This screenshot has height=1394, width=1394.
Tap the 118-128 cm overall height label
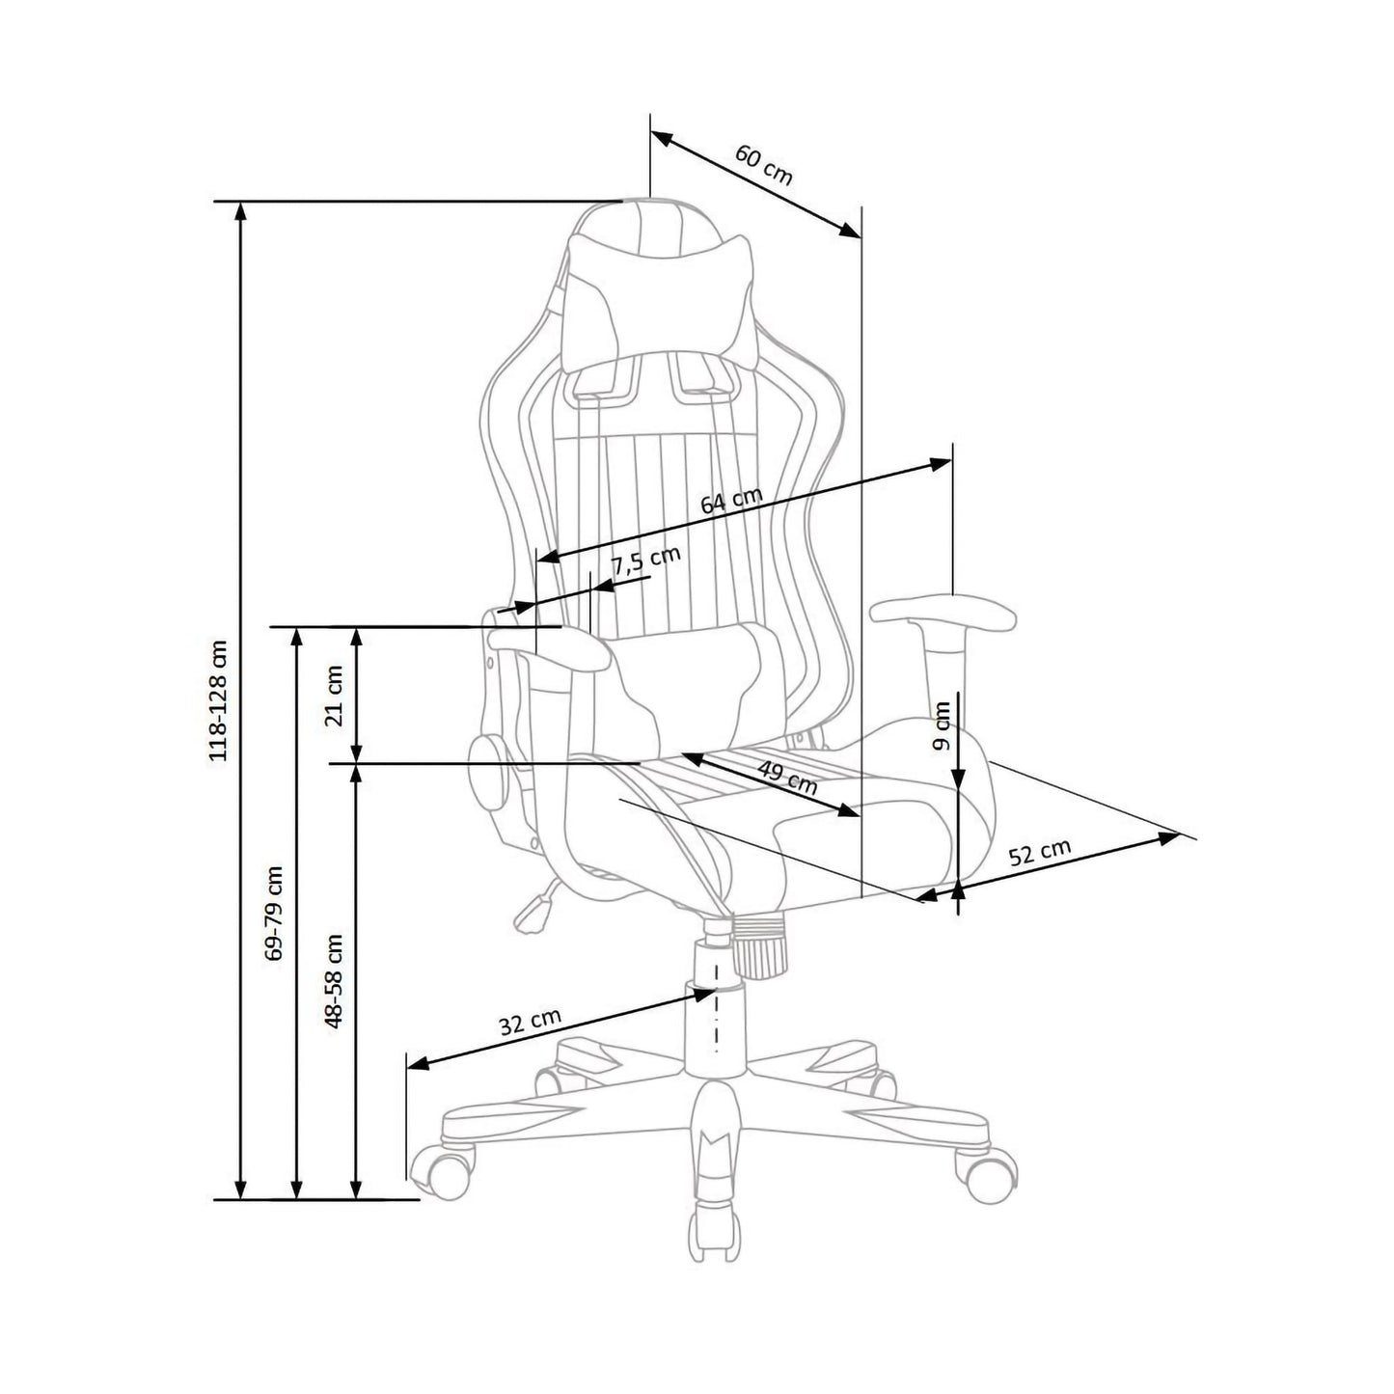pyautogui.click(x=218, y=700)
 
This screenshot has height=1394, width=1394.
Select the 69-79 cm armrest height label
pyautogui.click(x=275, y=913)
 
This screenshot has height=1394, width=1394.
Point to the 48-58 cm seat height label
pyautogui.click(x=334, y=981)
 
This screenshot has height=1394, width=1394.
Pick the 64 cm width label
pyautogui.click(x=731, y=500)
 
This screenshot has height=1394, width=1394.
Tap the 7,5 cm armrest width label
pyautogui.click(x=647, y=560)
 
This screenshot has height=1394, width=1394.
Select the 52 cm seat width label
pyautogui.click(x=1040, y=852)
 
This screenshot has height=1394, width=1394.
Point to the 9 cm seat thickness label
pyautogui.click(x=941, y=725)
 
